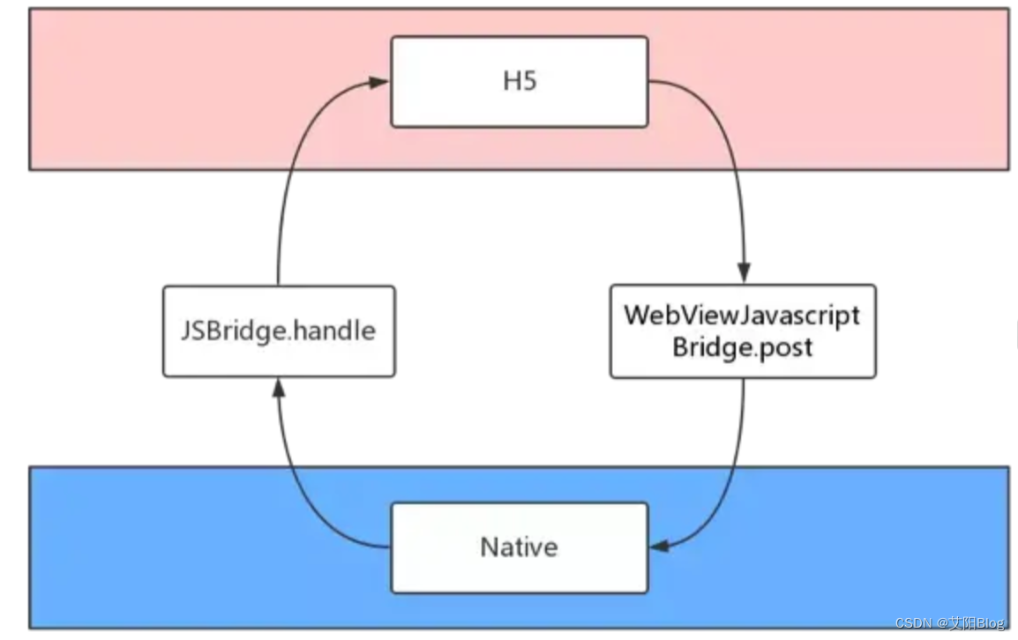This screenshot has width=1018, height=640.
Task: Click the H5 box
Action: tap(519, 81)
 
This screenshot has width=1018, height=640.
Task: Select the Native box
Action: tap(519, 547)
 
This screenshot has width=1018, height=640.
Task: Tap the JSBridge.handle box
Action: tap(279, 331)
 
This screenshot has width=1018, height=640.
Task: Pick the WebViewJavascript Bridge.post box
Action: tap(742, 331)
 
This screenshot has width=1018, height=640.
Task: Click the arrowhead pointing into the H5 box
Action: tap(380, 82)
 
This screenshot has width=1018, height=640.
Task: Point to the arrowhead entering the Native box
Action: tap(659, 547)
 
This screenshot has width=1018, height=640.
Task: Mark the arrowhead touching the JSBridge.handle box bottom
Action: tap(278, 386)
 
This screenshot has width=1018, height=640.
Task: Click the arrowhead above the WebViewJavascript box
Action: tap(744, 273)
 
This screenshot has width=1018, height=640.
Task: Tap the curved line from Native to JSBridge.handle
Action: tap(300, 494)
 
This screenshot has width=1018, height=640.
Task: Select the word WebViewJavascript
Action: tap(742, 316)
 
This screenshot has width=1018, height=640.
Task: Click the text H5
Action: tap(520, 81)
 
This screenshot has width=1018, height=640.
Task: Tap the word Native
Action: tap(519, 547)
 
